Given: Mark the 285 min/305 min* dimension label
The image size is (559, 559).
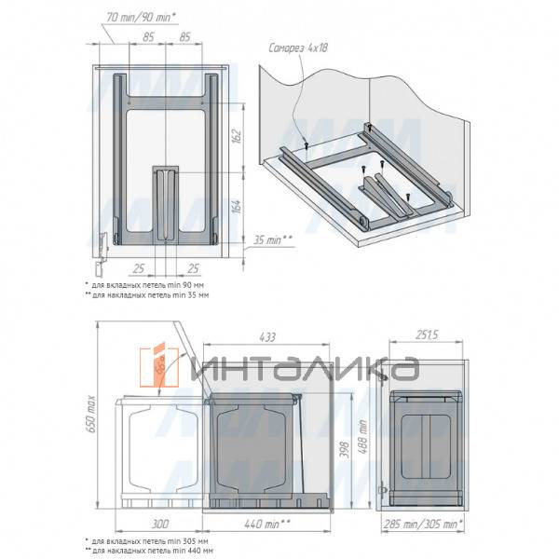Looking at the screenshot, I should coord(425,525).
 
